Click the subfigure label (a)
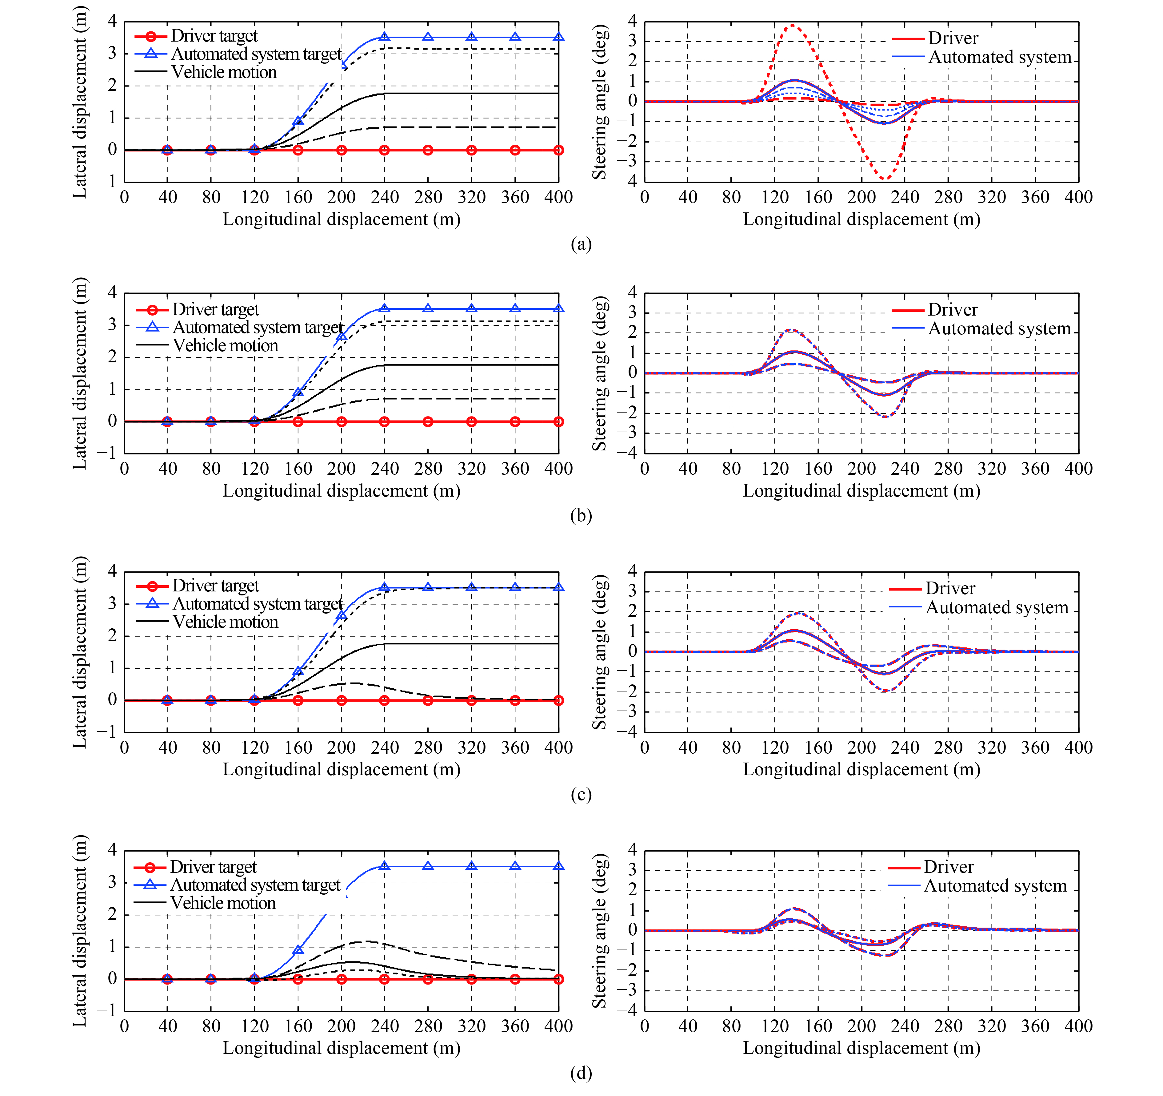(581, 244)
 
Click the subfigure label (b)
(581, 515)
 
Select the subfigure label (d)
(581, 1073)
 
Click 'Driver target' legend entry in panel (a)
(196, 36)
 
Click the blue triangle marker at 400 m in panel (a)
(559, 37)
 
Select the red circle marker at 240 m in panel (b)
(384, 421)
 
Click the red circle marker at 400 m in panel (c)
(559, 700)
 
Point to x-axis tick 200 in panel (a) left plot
(341, 197)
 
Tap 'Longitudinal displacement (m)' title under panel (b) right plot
(862, 491)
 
